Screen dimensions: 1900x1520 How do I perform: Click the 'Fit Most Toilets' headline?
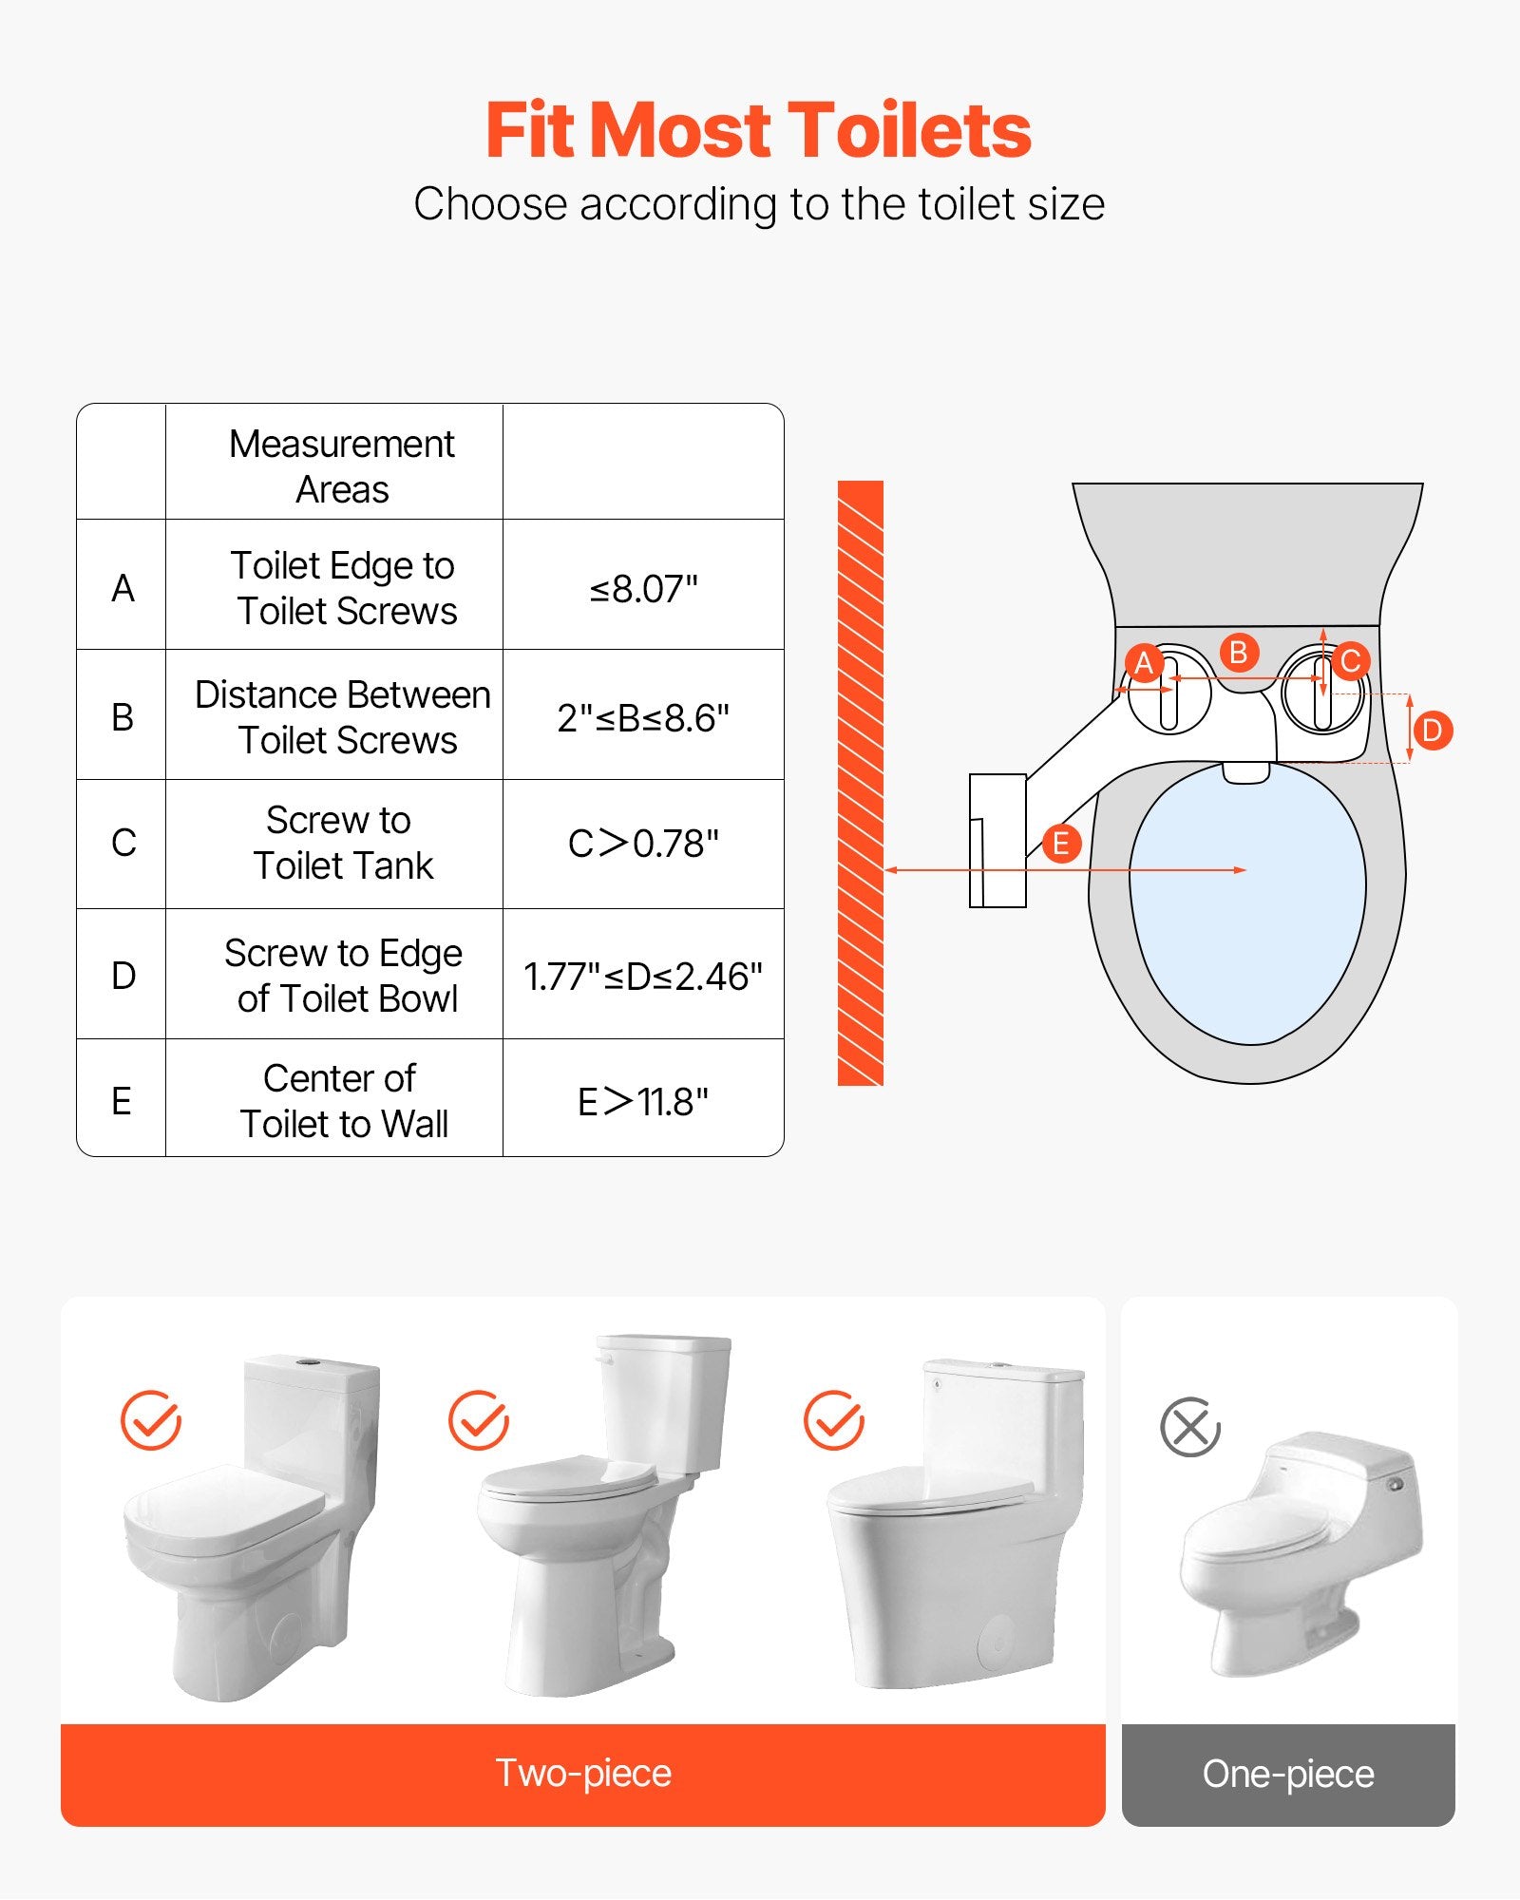(x=758, y=130)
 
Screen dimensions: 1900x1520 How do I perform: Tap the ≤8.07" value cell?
(x=643, y=589)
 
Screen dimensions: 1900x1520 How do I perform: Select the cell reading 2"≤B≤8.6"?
(x=643, y=718)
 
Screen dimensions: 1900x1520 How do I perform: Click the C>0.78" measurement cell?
(x=643, y=844)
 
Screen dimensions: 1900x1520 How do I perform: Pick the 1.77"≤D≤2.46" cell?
(x=643, y=977)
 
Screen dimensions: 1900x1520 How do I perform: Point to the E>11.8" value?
(x=643, y=1102)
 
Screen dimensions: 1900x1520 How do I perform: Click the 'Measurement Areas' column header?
(x=341, y=465)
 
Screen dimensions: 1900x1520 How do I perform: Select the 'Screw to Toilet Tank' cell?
(x=341, y=844)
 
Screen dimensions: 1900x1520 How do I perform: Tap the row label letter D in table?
(x=123, y=977)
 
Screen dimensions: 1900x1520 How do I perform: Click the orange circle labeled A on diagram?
(x=1144, y=663)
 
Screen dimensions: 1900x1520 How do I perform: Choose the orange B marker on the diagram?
(x=1238, y=653)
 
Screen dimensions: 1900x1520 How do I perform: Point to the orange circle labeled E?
(x=1061, y=844)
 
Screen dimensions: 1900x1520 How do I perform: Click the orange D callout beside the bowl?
(x=1433, y=731)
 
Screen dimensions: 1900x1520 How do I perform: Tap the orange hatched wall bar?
(x=860, y=783)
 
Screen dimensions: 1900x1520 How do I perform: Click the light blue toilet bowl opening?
(x=1247, y=912)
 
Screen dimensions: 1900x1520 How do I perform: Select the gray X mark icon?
(x=1189, y=1427)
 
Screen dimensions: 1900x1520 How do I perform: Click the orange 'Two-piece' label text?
(x=583, y=1773)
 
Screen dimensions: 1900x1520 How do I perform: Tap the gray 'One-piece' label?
(x=1287, y=1774)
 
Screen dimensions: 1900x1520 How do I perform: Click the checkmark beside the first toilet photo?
(x=151, y=1420)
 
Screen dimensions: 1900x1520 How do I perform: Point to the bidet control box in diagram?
(x=997, y=841)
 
